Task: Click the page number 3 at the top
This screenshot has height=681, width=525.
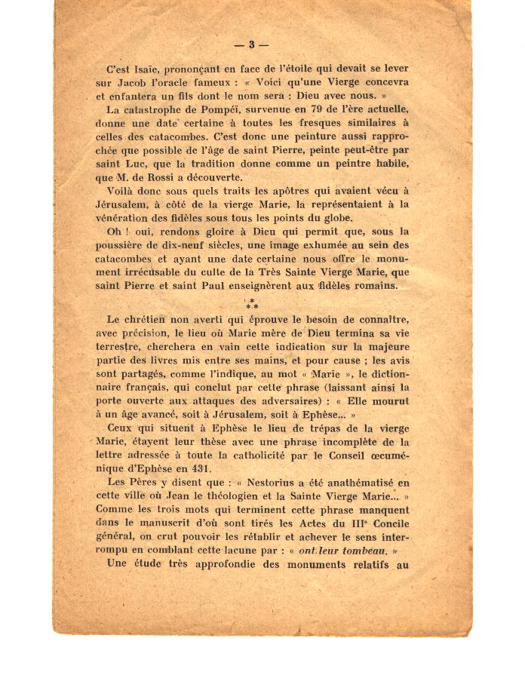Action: coord(253,44)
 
